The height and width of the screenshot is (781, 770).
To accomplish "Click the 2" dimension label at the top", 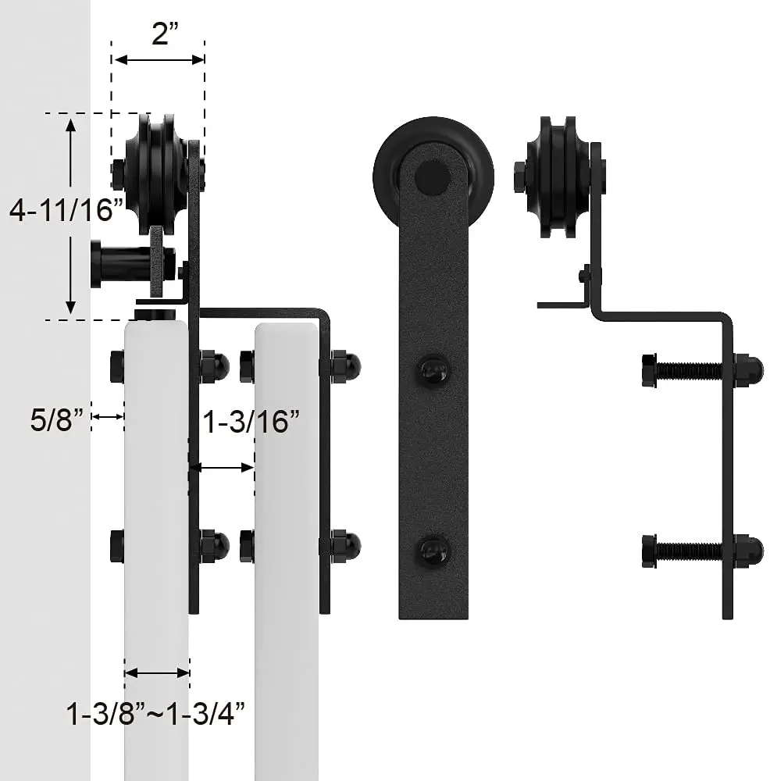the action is pos(165,34).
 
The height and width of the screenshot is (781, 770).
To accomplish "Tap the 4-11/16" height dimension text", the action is pos(66,209).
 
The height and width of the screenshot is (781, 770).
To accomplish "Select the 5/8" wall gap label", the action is pos(57,419).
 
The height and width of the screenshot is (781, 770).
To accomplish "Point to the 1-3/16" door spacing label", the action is pos(251,422).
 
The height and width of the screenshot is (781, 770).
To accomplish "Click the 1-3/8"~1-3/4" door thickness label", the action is pos(155,714).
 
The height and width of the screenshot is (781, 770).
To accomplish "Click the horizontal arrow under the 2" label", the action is pos(159,60).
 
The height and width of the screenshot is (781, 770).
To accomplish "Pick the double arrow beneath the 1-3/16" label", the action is pos(222,467).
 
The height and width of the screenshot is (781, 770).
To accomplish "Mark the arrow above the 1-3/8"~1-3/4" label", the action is pos(157,673).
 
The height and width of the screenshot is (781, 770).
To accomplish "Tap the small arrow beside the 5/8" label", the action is pos(108,416).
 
